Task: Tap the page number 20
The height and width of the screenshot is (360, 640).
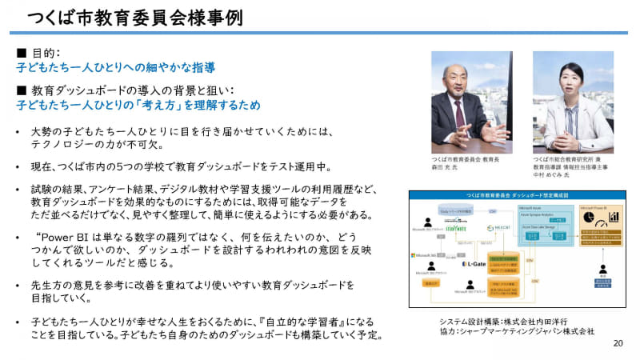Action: click(x=618, y=343)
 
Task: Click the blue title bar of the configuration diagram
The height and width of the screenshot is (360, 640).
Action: click(x=510, y=194)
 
